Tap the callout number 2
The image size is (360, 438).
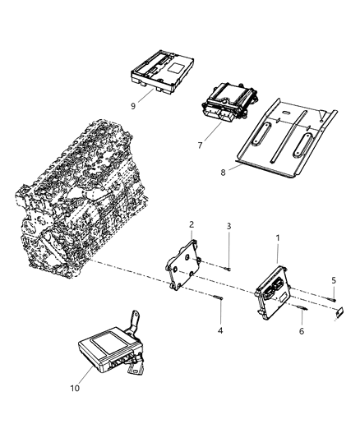click(x=191, y=224)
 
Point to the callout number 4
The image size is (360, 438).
click(x=220, y=330)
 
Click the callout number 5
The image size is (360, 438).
click(x=334, y=279)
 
